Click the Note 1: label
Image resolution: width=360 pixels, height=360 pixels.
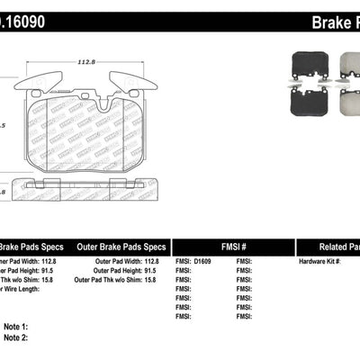coord(16,326)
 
